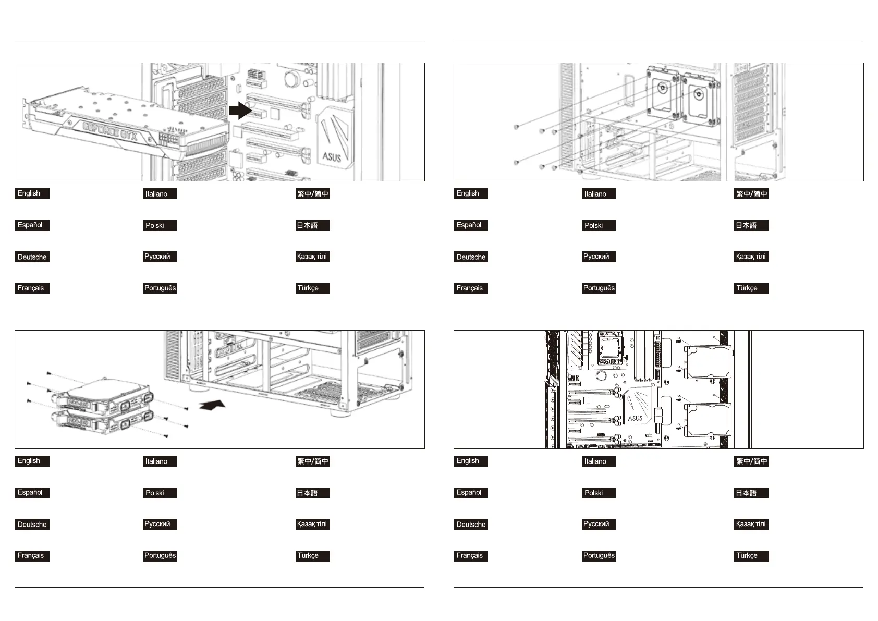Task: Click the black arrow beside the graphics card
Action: coord(240,111)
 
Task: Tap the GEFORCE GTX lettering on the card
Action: coord(111,131)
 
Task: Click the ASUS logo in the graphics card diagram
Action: coord(332,155)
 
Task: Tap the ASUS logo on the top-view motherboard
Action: coord(635,418)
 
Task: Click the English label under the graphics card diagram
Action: coord(32,193)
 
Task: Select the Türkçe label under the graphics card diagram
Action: coord(312,288)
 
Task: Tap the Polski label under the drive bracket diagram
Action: coord(599,226)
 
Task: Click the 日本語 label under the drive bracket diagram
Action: coord(751,226)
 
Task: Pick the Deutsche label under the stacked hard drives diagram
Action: coord(32,525)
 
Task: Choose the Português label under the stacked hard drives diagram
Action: coord(160,556)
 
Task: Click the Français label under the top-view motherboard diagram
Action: coord(470,556)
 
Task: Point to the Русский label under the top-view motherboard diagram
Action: coord(599,524)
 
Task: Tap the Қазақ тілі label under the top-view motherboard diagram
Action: coord(751,524)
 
